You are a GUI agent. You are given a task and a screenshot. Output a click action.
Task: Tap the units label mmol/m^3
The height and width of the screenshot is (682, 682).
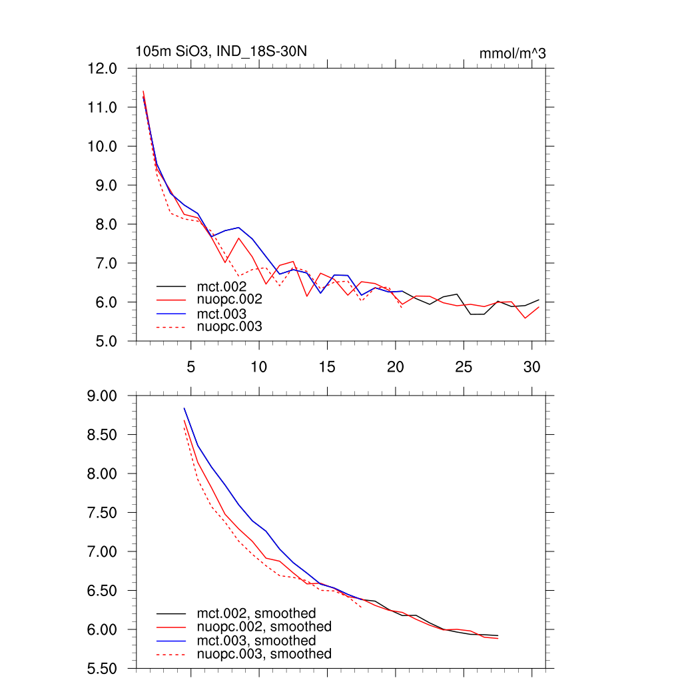coord(512,54)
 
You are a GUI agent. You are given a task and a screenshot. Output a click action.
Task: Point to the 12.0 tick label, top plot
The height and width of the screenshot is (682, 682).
coord(103,69)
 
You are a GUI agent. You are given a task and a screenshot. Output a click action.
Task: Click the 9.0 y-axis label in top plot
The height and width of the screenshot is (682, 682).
coord(103,185)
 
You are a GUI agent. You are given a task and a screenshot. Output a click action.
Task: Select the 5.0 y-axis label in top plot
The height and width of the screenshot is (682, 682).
coord(103,341)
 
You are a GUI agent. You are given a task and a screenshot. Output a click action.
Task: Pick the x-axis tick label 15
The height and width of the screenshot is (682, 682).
coord(327,367)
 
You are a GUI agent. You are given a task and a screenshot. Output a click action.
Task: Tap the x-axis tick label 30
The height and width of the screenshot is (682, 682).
coord(531,367)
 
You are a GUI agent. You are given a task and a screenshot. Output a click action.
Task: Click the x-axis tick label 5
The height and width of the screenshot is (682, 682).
coord(191,367)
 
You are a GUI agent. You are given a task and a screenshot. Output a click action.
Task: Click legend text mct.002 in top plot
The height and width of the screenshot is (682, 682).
coord(226,286)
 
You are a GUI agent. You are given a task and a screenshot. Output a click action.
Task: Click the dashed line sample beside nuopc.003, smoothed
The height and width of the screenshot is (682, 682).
coord(170,655)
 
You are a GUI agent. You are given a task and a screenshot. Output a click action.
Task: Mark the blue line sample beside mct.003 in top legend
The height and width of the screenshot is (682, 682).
coord(170,313)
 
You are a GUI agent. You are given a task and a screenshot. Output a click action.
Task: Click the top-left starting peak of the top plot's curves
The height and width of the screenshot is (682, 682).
coord(143,92)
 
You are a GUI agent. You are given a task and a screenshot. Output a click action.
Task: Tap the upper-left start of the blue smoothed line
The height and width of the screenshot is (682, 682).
coord(184,408)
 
